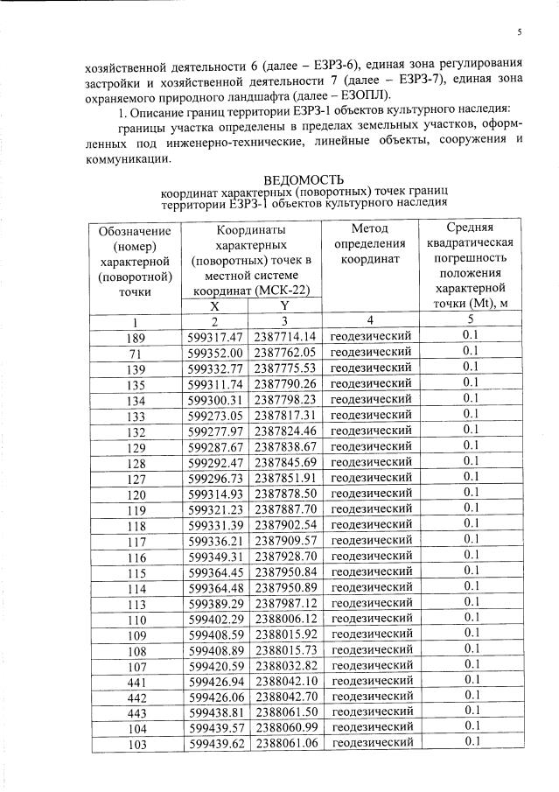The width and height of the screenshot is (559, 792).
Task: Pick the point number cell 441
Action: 135,679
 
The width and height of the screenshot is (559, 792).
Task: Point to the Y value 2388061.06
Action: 284,742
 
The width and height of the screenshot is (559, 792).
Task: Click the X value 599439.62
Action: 215,742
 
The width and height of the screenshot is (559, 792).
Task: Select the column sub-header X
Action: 215,306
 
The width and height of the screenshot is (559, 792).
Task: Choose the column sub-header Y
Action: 284,306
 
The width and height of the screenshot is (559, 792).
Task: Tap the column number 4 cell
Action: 372,321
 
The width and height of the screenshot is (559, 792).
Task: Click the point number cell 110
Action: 135,617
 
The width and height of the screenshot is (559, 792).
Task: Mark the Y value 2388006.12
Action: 284,617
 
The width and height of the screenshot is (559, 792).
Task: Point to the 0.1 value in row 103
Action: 472,742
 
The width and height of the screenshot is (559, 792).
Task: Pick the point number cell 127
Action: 135,477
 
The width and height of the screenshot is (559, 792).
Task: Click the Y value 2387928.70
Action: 284,555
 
